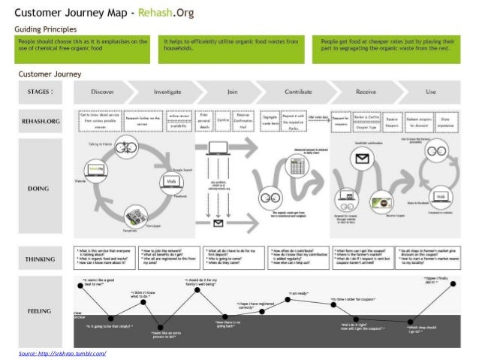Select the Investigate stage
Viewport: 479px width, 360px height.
(x=167, y=92)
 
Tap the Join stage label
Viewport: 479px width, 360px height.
(x=233, y=92)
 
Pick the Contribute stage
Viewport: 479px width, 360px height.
(x=298, y=92)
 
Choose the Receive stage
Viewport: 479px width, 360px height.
(x=366, y=92)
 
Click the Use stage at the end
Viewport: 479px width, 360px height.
(x=430, y=92)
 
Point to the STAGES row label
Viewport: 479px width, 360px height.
(x=38, y=92)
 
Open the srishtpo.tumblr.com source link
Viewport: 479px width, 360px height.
(x=62, y=352)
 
